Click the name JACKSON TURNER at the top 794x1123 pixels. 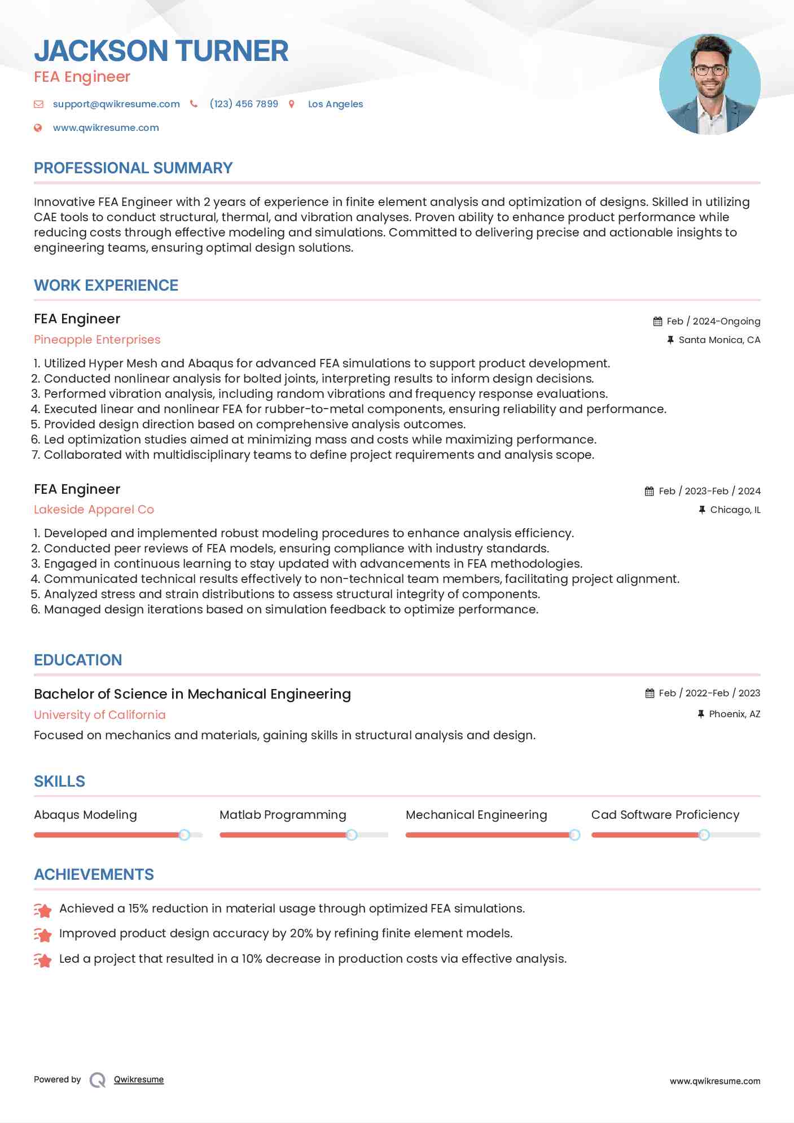click(161, 51)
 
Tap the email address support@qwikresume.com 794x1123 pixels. click(116, 104)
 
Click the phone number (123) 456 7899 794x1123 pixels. click(244, 104)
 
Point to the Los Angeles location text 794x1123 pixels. click(335, 104)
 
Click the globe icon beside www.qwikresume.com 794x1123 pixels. click(38, 128)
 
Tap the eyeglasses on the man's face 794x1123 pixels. click(709, 71)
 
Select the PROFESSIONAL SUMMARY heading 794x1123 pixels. click(133, 168)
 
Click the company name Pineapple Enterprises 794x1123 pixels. click(97, 340)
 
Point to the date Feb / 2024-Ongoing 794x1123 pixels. click(713, 321)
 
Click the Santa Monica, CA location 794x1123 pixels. click(719, 340)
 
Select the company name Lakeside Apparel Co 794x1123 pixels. click(94, 510)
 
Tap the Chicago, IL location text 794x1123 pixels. click(735, 510)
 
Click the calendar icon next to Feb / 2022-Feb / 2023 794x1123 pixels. click(650, 693)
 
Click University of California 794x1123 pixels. click(100, 715)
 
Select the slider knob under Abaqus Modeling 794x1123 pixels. click(184, 835)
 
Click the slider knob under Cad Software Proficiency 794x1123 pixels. click(704, 835)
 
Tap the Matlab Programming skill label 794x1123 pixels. click(283, 815)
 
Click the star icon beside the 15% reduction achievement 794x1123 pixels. click(43, 910)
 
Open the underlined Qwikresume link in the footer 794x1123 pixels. click(139, 1080)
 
